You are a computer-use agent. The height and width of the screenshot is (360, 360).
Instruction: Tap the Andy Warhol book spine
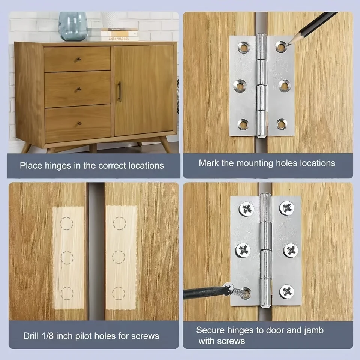click(114, 39)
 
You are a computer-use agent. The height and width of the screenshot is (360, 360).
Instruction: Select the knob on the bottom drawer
click(79, 123)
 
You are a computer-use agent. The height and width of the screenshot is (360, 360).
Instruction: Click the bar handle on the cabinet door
click(120, 92)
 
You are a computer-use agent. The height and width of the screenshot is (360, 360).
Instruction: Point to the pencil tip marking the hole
click(286, 46)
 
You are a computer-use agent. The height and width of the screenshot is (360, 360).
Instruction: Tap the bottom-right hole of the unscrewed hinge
click(282, 124)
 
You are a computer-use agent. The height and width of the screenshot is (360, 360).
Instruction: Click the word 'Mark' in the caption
click(208, 163)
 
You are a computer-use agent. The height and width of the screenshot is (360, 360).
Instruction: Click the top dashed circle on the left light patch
click(67, 223)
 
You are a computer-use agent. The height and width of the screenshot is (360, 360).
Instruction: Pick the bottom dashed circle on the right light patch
click(119, 293)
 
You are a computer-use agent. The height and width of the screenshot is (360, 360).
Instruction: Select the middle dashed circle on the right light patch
click(119, 257)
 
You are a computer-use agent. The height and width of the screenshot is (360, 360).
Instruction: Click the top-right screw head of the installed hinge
click(287, 208)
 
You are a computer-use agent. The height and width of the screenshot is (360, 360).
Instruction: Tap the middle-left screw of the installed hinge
click(243, 249)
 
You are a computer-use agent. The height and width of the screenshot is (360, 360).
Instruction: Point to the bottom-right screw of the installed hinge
click(287, 291)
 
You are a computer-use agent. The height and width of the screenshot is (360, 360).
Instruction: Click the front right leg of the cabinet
click(165, 144)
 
